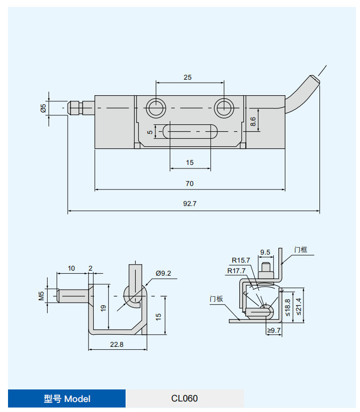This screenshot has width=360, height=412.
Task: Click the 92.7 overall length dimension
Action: coord(190,204)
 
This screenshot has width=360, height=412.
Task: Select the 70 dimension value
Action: coord(189,183)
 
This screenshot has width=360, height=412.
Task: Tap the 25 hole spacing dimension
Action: coord(188,77)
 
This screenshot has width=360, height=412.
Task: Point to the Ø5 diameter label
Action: coord(44,108)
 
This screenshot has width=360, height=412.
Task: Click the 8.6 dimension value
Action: coord(253,121)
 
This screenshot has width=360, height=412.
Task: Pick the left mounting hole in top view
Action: coord(156,107)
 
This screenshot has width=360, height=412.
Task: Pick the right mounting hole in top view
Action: coord(223,107)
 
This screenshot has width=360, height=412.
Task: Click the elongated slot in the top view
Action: coord(190,131)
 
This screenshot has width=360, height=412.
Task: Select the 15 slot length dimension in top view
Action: coord(190,162)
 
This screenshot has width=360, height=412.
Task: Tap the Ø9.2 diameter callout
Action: coord(163,273)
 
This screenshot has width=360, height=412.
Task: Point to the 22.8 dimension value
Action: coord(117,344)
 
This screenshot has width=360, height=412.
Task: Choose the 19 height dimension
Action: coord(103,308)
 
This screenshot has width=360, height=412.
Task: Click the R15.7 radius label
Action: coord(240,260)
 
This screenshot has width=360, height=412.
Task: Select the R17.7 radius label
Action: coord(236,271)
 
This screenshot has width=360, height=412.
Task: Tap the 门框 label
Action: coord(301,250)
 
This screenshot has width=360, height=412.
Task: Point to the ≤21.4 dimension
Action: coord(299,306)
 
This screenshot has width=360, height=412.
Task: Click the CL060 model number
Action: coord(184,398)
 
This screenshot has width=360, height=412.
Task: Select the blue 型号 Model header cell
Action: coord(67,398)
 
